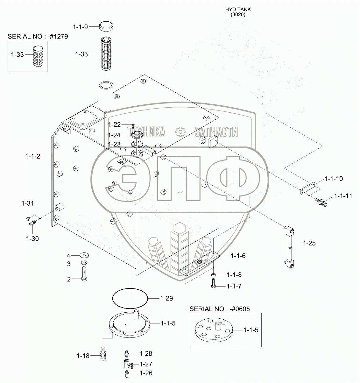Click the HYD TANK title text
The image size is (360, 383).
(238, 10)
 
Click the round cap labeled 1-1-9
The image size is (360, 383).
(106, 26)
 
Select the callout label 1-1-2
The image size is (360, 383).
(33, 156)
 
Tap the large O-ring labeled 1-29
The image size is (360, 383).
(130, 299)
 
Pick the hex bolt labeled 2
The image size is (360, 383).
(84, 274)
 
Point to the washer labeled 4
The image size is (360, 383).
(84, 255)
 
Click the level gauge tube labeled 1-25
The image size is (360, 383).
(289, 247)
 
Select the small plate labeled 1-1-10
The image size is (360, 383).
(307, 188)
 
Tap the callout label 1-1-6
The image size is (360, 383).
(238, 256)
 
